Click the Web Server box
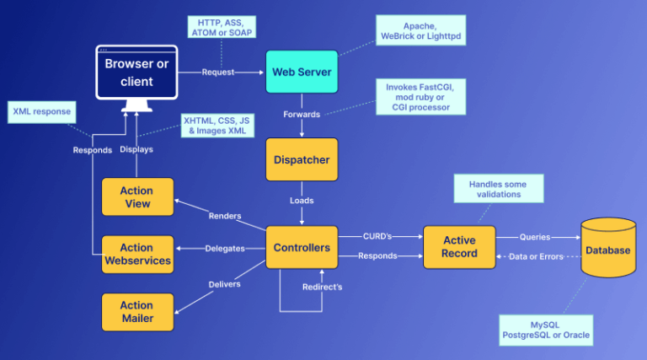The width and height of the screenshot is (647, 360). click(302, 72)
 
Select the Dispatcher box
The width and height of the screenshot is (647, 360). click(302, 159)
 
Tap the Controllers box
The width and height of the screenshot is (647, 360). click(302, 247)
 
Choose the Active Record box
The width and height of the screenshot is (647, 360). click(459, 247)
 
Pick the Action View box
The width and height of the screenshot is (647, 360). click(137, 197)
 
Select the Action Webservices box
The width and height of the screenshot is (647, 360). click(137, 254)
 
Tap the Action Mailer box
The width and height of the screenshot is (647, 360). click(137, 311)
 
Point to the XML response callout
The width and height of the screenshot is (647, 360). click(41, 110)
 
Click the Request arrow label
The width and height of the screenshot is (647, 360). click(217, 73)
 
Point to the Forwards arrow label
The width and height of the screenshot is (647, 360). click(301, 113)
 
